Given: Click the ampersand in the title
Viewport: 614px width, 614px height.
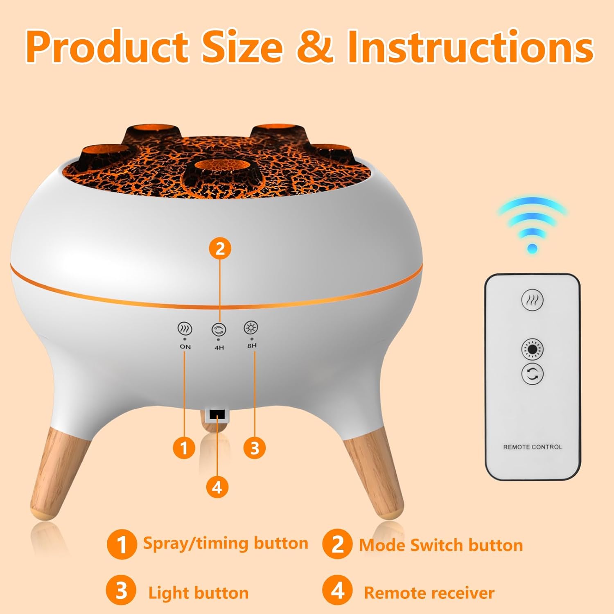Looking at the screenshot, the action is (315, 47).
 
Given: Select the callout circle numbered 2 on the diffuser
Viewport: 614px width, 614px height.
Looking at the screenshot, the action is (220, 248).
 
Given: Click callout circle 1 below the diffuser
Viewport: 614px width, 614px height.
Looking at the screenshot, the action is (184, 447).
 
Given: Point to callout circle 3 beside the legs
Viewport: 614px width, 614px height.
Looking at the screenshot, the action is (255, 447).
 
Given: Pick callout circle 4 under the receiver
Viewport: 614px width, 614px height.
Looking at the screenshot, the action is (217, 487).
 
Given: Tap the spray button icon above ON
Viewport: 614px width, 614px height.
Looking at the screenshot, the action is (185, 329).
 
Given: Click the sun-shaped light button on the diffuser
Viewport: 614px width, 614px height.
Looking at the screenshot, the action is (251, 327).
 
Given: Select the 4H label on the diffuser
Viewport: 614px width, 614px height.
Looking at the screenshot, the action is (219, 348).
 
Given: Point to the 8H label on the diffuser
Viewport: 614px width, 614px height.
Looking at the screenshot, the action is (252, 345).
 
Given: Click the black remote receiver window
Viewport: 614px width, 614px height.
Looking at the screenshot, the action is (217, 415).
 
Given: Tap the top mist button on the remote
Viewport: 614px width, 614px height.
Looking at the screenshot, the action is (532, 300).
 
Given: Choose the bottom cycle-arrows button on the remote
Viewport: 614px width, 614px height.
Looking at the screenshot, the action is (532, 373).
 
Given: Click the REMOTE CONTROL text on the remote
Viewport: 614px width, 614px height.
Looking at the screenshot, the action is (533, 447).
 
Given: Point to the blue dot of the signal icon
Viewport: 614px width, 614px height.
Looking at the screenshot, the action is (533, 248).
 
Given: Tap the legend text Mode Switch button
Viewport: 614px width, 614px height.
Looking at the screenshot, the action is (441, 545).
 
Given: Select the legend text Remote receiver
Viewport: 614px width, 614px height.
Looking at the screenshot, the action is (429, 593).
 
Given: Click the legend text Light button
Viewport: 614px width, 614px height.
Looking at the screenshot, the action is (199, 593).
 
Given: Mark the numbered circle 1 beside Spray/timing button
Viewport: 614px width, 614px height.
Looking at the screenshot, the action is (122, 544).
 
